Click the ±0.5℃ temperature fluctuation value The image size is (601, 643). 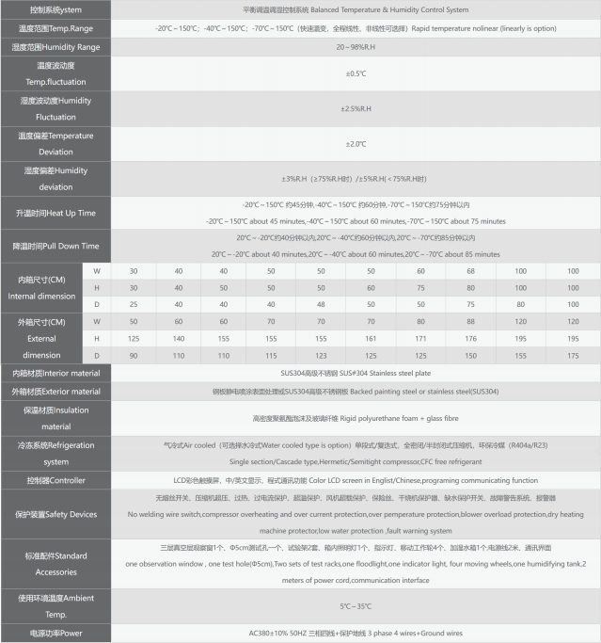(356, 72)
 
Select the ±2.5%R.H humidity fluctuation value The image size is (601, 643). (356, 108)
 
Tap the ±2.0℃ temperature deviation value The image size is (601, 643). (356, 143)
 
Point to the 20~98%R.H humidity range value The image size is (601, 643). (356, 46)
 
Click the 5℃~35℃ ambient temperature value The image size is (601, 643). (356, 606)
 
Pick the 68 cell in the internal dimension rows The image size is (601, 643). (470, 271)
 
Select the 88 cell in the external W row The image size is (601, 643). (470, 322)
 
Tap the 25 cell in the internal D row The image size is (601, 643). (134, 304)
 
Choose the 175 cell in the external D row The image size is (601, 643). (573, 355)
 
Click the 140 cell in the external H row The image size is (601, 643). (179, 338)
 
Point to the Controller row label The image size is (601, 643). (56, 480)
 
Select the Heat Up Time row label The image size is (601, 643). (56, 213)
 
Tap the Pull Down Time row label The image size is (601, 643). (56, 246)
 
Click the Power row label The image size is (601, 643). (56, 634)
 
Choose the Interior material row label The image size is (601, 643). (56, 373)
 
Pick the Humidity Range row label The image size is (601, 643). (56, 46)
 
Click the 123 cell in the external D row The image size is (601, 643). (321, 355)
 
